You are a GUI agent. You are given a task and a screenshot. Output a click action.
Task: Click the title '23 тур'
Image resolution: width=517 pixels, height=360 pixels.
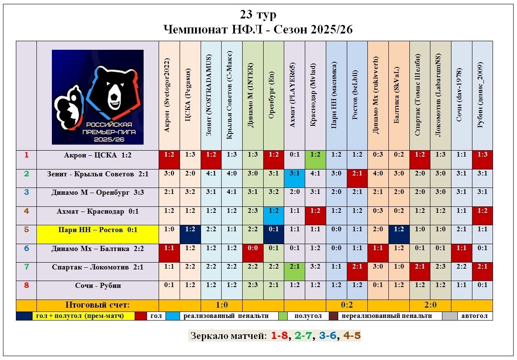point(258,15)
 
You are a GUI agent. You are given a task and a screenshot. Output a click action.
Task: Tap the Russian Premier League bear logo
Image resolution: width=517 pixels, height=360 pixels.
point(98,97)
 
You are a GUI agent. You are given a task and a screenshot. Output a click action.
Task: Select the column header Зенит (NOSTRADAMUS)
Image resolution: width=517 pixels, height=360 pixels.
point(211,95)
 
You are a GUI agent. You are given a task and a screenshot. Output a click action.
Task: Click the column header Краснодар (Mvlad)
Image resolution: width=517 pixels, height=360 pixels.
point(315,95)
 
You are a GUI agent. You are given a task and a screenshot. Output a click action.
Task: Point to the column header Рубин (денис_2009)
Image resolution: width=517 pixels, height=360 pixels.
point(482,95)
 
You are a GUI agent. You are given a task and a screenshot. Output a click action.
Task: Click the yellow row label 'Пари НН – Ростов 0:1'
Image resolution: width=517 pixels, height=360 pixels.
point(98,230)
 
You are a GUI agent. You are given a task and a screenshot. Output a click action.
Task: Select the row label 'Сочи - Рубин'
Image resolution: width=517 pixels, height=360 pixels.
point(98,286)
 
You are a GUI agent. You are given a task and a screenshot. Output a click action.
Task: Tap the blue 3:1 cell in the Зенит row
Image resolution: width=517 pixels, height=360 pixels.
point(294,174)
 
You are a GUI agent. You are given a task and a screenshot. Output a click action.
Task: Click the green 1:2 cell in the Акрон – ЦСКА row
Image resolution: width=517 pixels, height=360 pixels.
point(315,155)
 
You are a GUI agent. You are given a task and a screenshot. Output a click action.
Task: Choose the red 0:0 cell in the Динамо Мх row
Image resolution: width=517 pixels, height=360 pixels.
point(252,248)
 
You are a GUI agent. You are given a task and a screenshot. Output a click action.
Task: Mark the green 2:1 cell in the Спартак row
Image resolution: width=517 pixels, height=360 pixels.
point(294,267)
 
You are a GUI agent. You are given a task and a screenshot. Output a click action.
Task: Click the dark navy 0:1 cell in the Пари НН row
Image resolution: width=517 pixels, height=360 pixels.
point(274,230)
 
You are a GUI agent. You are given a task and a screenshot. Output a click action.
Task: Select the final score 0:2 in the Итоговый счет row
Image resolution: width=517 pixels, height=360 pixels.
point(347,305)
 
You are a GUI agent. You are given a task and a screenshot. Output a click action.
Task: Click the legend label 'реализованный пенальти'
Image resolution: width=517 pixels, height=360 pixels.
point(226,316)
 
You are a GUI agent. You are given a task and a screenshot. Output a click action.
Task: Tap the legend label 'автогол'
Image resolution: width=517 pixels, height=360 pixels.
point(476,316)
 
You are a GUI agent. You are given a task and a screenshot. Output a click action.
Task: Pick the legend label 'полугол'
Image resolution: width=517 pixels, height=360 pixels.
point(308,316)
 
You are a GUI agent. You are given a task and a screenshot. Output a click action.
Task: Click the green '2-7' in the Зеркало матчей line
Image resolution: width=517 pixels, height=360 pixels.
point(303,336)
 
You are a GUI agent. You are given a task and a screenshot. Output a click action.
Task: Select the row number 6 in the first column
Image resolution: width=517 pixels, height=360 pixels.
point(27,248)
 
